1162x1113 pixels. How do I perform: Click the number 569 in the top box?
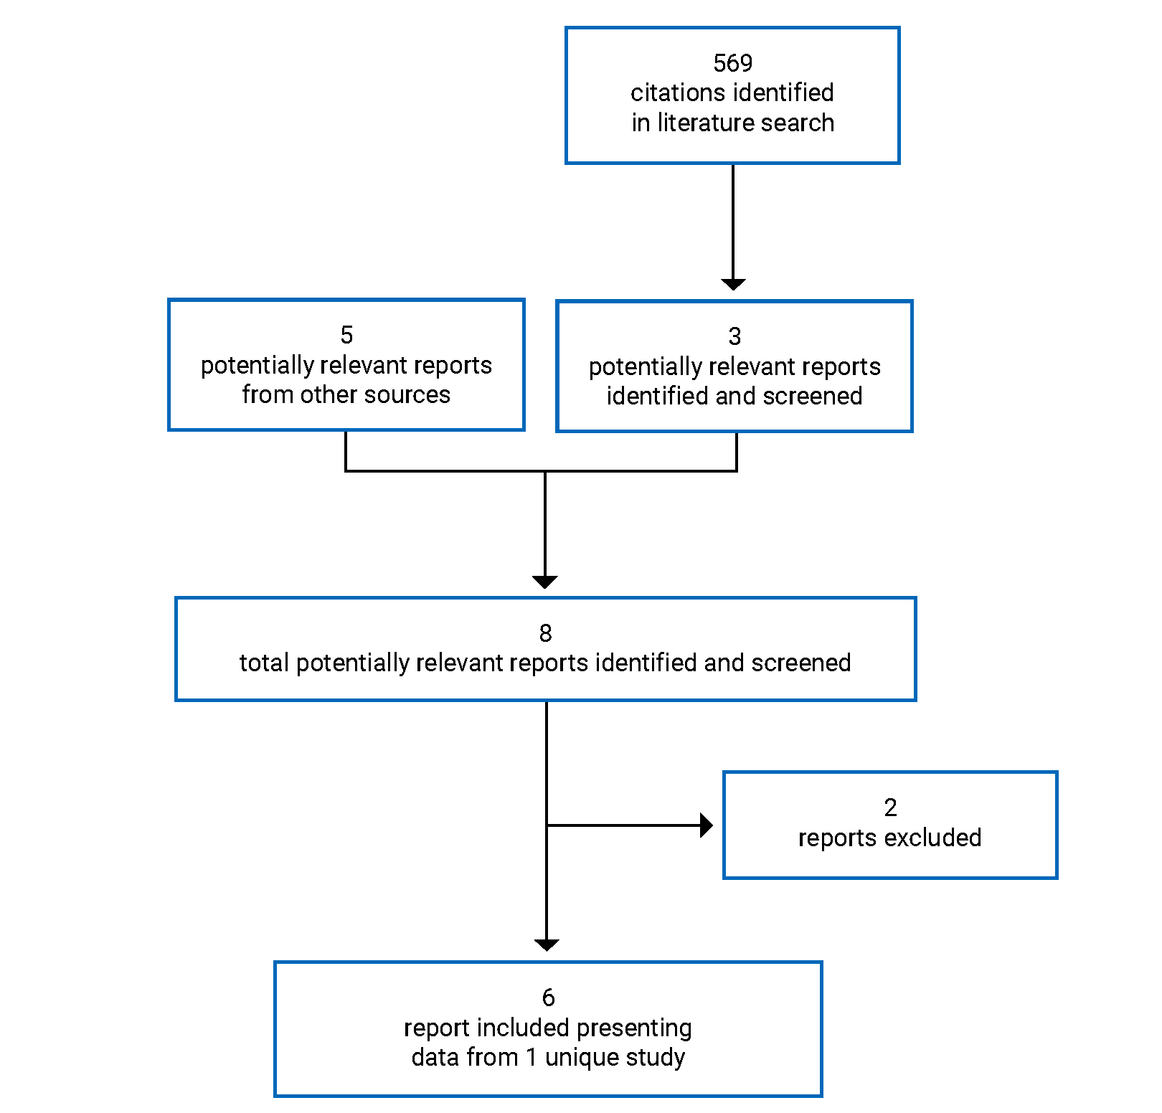tap(732, 63)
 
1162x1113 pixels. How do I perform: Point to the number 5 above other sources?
tap(346, 335)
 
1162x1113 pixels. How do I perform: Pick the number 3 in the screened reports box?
tap(734, 336)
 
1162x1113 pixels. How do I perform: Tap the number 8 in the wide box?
tap(545, 633)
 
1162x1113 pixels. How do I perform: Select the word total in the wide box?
tap(264, 663)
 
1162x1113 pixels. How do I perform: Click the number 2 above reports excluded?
tap(890, 808)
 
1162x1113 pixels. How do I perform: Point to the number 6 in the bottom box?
tap(548, 998)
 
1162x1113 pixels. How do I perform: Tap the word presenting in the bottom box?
tap(634, 1028)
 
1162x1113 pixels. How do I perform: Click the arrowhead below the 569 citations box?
tap(733, 284)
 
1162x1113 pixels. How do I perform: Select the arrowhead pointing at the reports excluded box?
tap(707, 825)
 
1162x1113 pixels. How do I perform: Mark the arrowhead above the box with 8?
tap(545, 582)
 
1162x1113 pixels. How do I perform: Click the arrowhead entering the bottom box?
tap(547, 944)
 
